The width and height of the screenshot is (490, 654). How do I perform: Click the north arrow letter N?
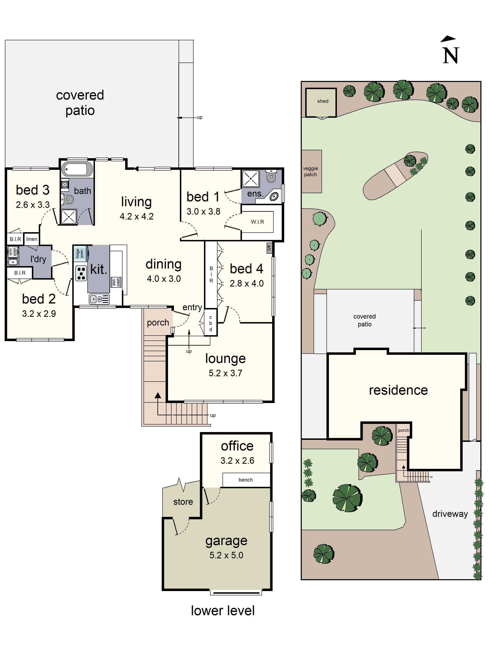(450, 55)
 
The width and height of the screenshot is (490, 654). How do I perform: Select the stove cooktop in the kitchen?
(81, 273)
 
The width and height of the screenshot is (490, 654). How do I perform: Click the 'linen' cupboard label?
(32, 239)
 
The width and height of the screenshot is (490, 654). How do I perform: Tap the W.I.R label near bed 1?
(257, 222)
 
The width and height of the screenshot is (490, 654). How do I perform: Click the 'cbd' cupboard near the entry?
(210, 323)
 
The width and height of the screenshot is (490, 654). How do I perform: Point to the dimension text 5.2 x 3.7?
(225, 373)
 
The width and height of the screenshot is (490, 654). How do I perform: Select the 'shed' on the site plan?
(323, 101)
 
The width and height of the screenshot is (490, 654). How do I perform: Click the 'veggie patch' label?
(310, 171)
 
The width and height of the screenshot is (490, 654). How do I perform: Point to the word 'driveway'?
(450, 514)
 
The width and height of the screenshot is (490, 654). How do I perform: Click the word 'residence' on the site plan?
(398, 390)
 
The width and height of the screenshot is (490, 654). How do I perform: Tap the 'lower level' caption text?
(223, 610)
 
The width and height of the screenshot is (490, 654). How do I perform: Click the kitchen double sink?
(99, 299)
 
